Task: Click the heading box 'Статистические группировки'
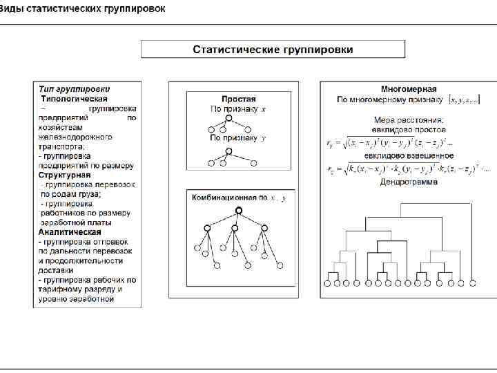(273, 50)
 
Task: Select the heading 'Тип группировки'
(74, 89)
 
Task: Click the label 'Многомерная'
(409, 89)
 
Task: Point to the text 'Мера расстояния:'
(409, 119)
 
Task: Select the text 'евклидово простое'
(408, 129)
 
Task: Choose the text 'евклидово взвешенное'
(408, 157)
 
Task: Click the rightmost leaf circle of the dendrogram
(474, 283)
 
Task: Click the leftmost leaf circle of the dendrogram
(327, 283)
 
